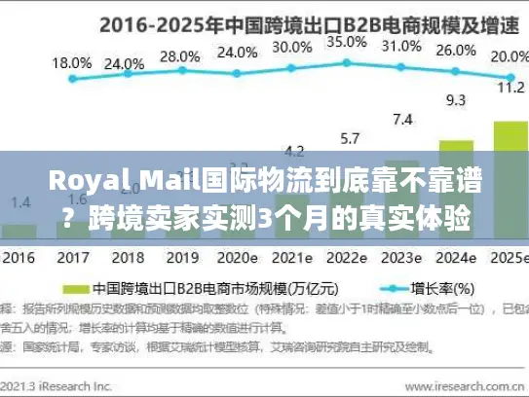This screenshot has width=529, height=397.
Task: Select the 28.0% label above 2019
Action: pos(180,55)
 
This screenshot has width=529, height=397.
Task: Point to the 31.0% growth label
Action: pos(401,46)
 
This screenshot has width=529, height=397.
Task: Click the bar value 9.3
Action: pos(455,99)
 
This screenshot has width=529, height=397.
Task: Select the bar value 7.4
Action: pos(401,119)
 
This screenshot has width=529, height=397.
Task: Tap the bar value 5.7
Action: pos(347,137)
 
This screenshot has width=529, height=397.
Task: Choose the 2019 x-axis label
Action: pos(180,260)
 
